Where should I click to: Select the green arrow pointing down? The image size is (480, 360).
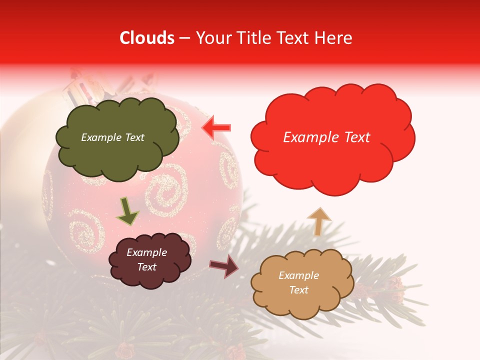coord(128,211)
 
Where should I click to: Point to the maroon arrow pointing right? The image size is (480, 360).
coord(224,265)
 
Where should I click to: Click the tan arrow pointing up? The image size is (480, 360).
coord(318,220)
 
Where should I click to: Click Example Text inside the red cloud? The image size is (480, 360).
coord(326,137)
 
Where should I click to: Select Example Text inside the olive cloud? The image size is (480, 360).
coord(112,137)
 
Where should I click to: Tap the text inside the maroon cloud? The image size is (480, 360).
coord(147,259)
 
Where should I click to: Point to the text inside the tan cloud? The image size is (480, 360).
coord(298,282)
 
